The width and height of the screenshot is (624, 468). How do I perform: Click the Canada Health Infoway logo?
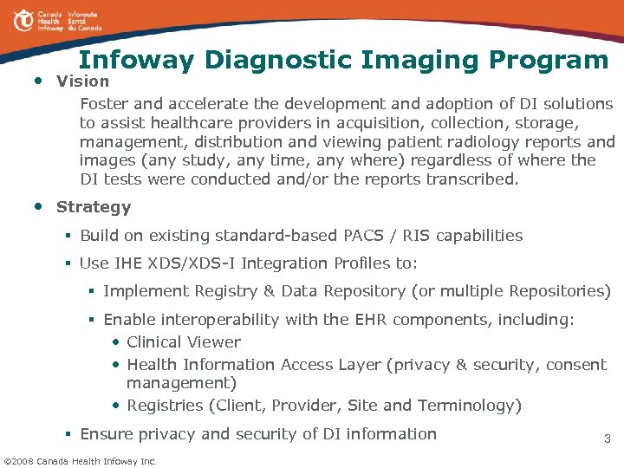click(x=57, y=21)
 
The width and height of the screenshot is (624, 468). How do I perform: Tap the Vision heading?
click(x=83, y=81)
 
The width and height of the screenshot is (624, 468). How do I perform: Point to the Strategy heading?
click(x=94, y=207)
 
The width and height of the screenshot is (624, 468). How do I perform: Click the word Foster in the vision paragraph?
click(x=102, y=104)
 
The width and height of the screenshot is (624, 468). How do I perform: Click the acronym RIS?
click(x=408, y=236)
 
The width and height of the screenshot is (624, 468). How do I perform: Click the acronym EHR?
click(x=373, y=320)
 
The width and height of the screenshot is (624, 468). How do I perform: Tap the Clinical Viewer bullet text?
click(x=184, y=342)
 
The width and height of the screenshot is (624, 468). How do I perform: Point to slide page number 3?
click(x=607, y=439)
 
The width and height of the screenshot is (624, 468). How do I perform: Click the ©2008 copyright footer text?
click(x=80, y=460)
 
